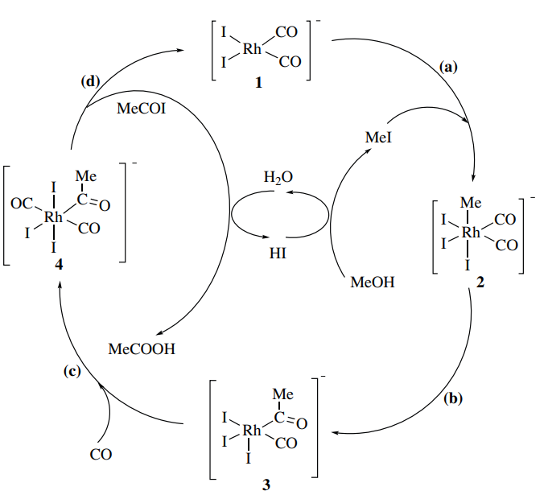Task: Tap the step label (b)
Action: [455, 398]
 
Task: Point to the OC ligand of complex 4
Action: [21, 205]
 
